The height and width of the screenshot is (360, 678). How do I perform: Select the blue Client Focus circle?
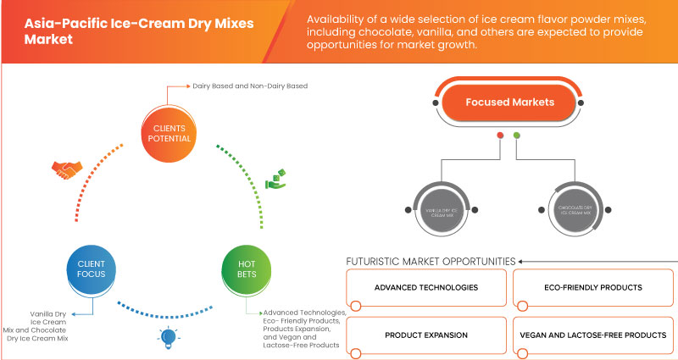85,269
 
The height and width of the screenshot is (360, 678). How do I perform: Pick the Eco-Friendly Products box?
593,288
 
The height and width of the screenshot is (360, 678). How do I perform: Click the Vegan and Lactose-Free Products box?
593,335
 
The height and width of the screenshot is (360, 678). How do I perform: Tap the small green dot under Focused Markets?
516,135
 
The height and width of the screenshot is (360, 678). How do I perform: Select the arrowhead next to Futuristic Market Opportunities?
521,260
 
